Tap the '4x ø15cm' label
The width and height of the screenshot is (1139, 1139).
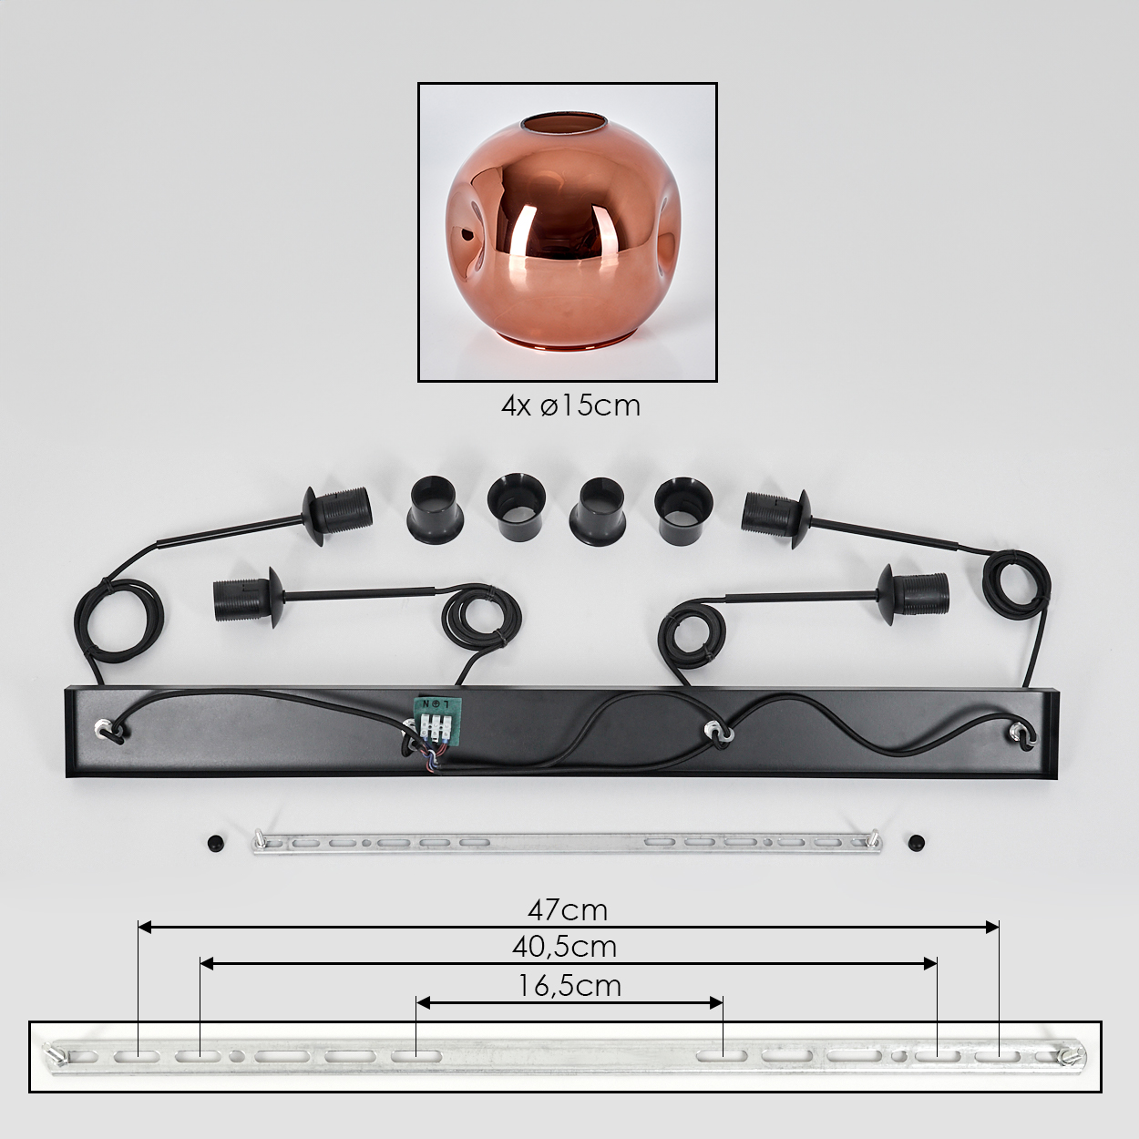(570, 406)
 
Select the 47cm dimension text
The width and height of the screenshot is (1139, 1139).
(568, 911)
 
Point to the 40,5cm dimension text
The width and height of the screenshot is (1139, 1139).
(564, 948)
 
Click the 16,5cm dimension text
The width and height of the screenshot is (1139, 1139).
(569, 986)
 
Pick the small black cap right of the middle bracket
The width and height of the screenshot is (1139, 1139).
(917, 842)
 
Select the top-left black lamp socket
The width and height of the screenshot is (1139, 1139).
(337, 516)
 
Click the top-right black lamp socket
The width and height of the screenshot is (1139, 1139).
(776, 518)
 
